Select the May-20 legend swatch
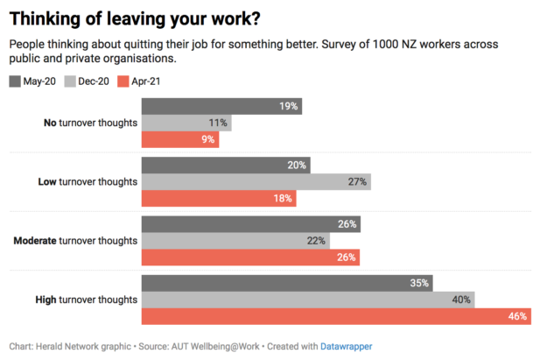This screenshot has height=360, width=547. [15, 81]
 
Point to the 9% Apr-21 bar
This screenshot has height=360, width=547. [179, 139]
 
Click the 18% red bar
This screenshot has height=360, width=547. [218, 198]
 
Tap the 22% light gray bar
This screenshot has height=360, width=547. [235, 240]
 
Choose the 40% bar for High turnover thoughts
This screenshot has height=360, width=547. [307, 300]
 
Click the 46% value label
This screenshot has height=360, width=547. [517, 316]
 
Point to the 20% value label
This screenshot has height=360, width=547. [296, 165]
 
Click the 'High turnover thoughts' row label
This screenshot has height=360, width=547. [86, 300]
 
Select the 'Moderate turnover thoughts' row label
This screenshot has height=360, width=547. [75, 240]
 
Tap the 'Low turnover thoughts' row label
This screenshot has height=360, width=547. [88, 181]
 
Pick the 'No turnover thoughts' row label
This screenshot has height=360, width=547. [90, 123]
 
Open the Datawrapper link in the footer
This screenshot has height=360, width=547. [346, 347]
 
